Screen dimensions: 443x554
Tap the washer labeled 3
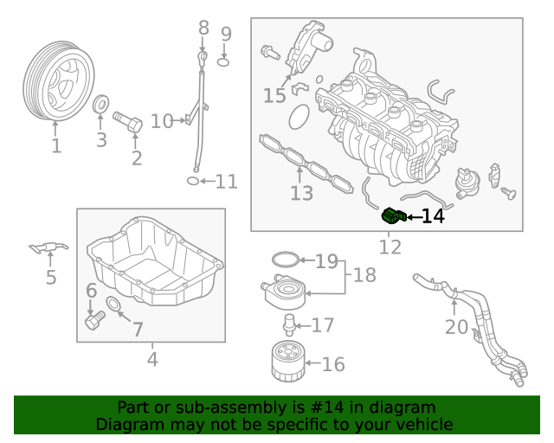click(x=100, y=106)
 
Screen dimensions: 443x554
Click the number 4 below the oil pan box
click(x=152, y=358)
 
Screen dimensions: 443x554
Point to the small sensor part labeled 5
click(x=48, y=248)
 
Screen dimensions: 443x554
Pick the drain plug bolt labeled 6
click(x=93, y=322)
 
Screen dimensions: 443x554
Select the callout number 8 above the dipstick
click(x=203, y=28)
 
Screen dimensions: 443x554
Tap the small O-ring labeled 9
click(x=223, y=62)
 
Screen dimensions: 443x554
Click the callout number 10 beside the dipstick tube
click(x=162, y=121)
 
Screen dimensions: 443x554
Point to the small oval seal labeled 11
click(x=193, y=181)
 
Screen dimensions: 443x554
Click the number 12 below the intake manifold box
click(x=390, y=247)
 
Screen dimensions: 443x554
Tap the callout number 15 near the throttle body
click(x=274, y=96)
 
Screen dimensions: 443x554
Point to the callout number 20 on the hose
click(x=456, y=328)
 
